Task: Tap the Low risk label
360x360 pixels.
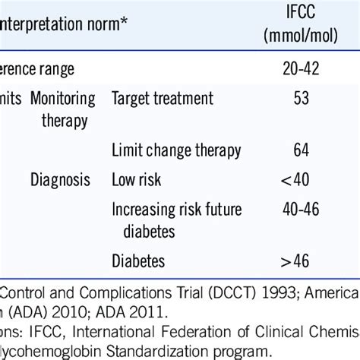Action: pyautogui.click(x=137, y=180)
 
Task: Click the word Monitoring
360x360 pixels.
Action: pyautogui.click(x=63, y=99)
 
